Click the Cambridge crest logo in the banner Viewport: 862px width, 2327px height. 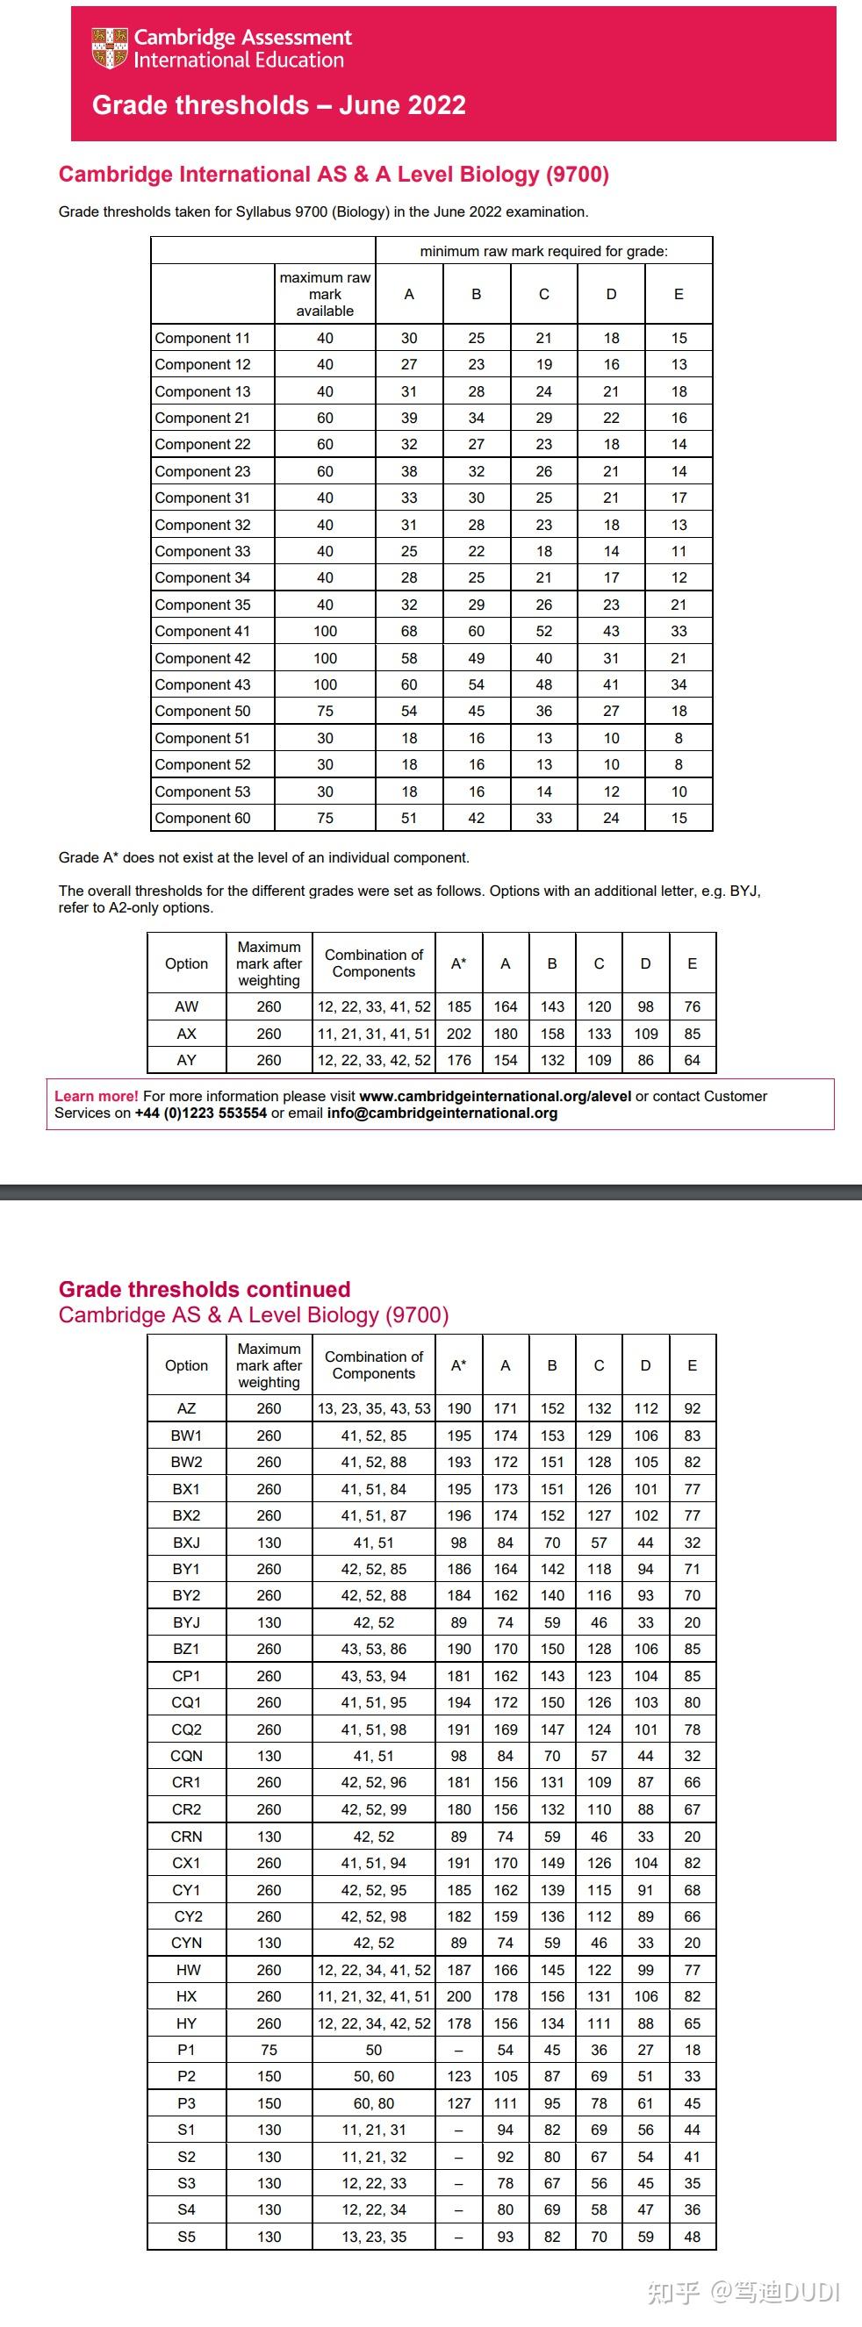click(110, 48)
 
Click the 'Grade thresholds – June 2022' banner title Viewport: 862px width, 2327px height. click(278, 105)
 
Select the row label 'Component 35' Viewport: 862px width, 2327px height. click(203, 605)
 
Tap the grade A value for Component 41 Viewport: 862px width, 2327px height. click(409, 632)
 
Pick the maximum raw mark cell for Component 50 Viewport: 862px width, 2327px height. click(326, 711)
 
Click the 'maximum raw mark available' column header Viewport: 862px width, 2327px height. click(326, 294)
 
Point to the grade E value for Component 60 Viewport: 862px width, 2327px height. click(679, 818)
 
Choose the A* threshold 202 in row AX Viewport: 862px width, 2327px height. click(459, 1034)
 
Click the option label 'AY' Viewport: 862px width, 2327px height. click(186, 1060)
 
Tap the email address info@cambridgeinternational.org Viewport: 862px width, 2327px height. click(442, 1113)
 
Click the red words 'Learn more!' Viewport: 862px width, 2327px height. click(96, 1096)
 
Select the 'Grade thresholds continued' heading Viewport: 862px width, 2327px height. click(205, 1289)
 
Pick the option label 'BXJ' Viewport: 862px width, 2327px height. click(186, 1543)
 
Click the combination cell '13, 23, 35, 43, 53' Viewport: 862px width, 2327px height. click(374, 1408)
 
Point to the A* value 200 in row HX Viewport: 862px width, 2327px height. click(459, 1996)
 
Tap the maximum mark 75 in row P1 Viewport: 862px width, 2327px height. click(269, 2050)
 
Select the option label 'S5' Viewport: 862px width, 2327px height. click(186, 2237)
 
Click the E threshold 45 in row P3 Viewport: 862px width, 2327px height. click(692, 2103)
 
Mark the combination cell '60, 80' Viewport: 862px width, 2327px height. click(374, 2103)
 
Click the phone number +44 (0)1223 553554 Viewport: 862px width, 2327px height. click(201, 1113)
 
